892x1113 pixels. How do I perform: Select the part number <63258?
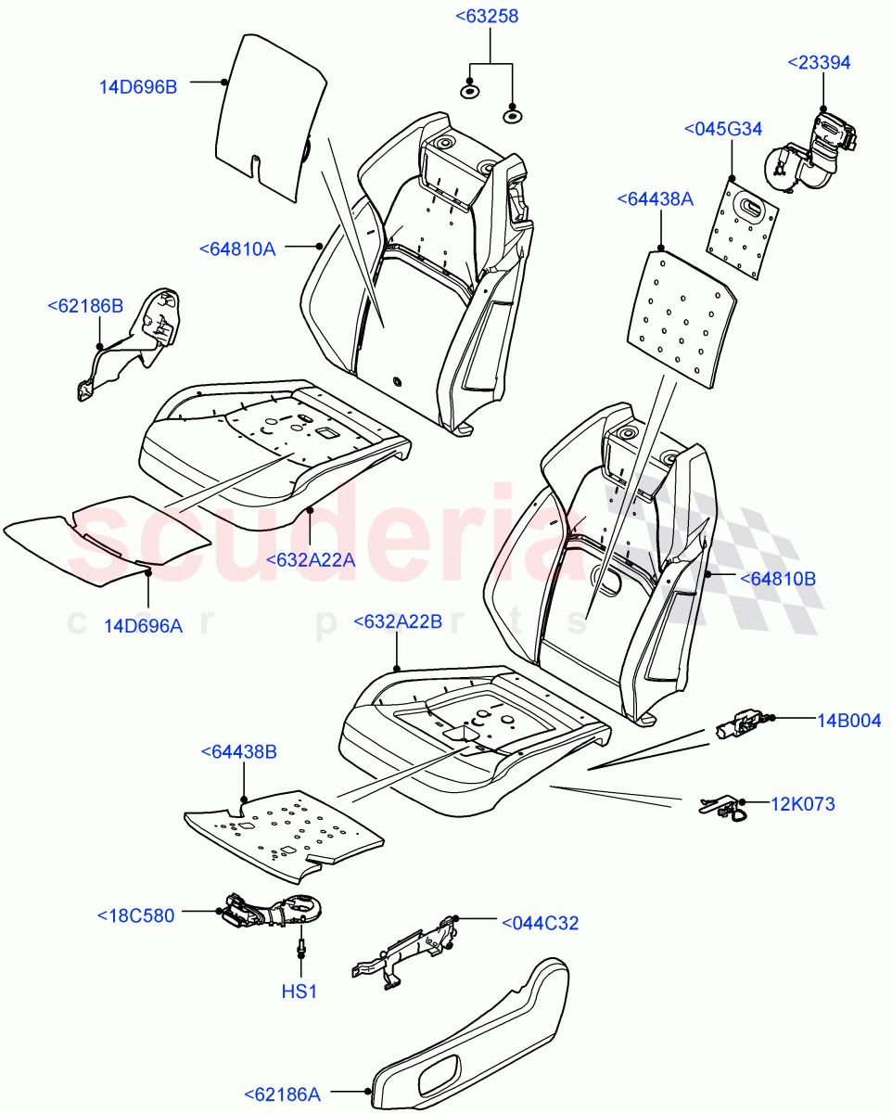486,16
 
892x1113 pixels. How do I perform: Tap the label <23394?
819,62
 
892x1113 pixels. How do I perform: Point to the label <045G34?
723,128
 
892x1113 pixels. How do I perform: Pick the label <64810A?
236,249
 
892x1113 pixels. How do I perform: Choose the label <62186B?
85,304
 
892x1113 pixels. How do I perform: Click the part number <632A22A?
310,559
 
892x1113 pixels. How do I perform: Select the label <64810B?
777,579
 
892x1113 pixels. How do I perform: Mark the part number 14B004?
848,720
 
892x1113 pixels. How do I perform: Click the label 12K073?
803,803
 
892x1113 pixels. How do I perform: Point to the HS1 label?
299,991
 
